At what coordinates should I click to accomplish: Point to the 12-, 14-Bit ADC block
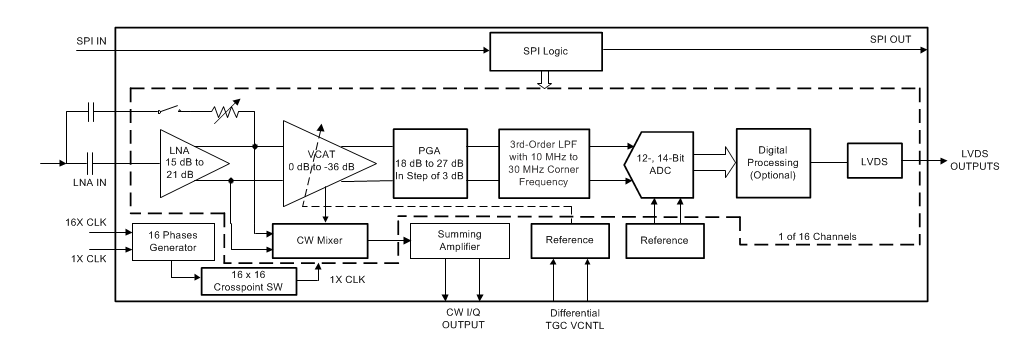(x=662, y=162)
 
